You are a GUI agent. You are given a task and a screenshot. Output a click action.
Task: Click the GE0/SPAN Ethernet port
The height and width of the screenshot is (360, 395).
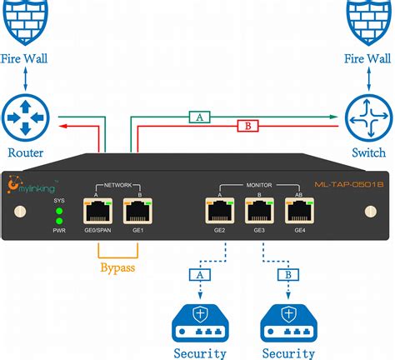99,211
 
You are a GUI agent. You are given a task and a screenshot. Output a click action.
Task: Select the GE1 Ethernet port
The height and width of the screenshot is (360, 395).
138,211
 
